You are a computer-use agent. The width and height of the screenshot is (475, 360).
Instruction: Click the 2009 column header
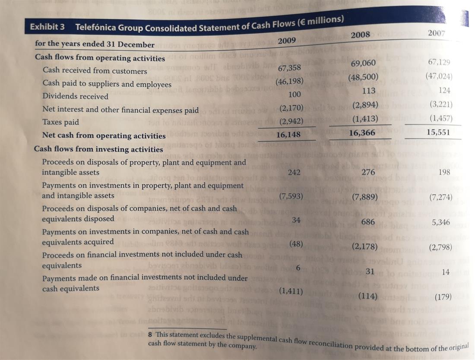pos(287,40)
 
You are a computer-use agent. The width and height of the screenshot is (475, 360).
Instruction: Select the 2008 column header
pos(360,35)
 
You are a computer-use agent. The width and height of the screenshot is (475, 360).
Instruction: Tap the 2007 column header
pos(436,33)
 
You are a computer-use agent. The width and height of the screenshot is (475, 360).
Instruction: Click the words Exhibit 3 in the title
pos(47,27)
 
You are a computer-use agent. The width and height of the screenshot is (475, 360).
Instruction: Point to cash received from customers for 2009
pos(289,67)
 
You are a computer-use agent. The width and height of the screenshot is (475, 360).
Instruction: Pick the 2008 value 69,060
pos(363,63)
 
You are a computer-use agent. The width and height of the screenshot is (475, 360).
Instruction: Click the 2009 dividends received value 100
pos(294,95)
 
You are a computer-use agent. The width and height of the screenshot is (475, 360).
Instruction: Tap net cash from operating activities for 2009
pos(288,134)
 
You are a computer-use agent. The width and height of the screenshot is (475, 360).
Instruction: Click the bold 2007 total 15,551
pos(438,133)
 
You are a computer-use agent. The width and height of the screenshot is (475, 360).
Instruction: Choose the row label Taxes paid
pos(60,122)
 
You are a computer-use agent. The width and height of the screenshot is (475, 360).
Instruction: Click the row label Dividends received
pos(75,96)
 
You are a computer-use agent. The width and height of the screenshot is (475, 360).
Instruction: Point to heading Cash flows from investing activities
pos(98,149)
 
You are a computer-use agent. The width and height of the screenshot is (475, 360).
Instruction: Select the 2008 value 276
pos(369,172)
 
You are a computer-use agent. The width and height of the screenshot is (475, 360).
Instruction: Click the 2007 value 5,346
pos(441,222)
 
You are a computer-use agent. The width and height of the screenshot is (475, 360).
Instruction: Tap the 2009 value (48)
pos(296,243)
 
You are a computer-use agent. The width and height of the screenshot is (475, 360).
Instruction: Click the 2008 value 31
pos(370,271)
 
